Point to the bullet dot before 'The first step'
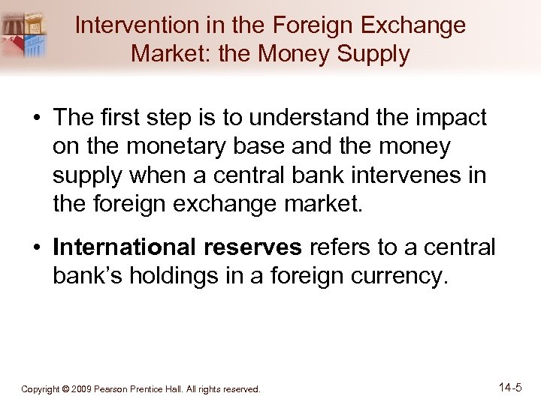(x=36, y=118)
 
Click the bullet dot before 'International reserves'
(x=36, y=247)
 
